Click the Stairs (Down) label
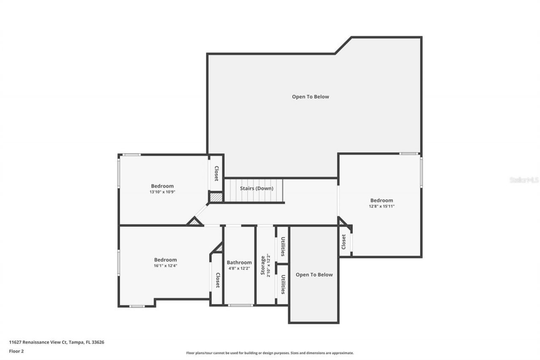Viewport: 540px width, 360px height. pos(256,188)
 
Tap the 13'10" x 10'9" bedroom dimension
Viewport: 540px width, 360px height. pos(162,192)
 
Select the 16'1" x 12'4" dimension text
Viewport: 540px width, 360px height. pos(165,266)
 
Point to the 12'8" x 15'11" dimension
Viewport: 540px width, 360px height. pos(381,206)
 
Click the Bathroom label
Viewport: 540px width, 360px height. pos(239,262)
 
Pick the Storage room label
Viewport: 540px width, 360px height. pos(263,265)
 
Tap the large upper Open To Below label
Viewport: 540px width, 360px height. pos(310,97)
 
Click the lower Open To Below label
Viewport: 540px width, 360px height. pos(314,275)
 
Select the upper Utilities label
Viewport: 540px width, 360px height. pos(283,247)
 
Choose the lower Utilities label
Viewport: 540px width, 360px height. pos(283,284)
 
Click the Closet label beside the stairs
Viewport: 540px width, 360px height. pos(216,173)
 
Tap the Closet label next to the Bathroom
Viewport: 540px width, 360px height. pos(218,280)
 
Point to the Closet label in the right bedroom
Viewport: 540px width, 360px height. pos(344,241)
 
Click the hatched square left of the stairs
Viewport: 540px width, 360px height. pos(216,197)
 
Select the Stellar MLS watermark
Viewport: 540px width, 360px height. pos(524,180)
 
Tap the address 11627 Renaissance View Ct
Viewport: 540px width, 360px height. pos(57,342)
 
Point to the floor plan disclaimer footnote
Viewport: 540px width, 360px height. pos(270,353)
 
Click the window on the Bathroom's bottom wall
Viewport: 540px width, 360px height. pos(240,305)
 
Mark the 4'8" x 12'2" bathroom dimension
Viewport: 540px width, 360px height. pos(239,268)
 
